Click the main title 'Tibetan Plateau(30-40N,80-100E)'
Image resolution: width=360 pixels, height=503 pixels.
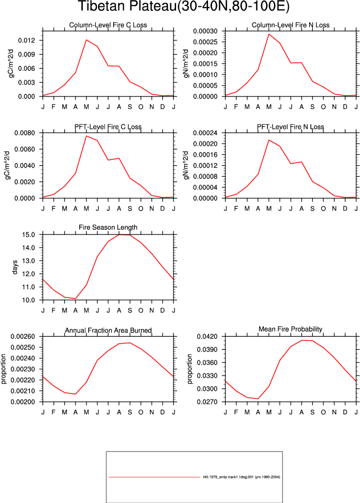tap(184, 6)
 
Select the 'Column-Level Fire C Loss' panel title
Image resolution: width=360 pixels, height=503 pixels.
tap(108, 25)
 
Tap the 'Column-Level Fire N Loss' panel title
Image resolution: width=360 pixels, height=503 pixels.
tap(290, 25)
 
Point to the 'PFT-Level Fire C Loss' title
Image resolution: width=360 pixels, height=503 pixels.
tap(108, 127)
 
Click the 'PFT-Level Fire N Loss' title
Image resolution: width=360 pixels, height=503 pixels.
tap(290, 127)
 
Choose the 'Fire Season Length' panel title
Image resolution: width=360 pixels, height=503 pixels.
tap(108, 227)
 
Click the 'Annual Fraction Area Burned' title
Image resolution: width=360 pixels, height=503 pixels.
tap(108, 330)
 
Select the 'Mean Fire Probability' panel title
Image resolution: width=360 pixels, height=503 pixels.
tap(290, 329)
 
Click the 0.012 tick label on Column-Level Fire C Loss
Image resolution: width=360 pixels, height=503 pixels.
tap(26, 40)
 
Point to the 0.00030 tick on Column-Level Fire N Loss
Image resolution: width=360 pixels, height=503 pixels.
tap(205, 31)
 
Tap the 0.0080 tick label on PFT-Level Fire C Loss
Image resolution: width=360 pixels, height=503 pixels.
tap(24, 133)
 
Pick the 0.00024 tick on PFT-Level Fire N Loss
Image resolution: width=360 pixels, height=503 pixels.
tap(205, 133)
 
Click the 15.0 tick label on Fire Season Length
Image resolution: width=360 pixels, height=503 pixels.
tap(28, 235)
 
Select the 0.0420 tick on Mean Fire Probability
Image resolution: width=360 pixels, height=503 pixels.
tap(207, 337)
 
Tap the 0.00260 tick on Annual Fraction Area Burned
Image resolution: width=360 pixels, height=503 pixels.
tap(23, 337)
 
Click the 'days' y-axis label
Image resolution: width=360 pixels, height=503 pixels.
tap(15, 267)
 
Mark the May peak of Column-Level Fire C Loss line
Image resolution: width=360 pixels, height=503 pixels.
tap(86, 40)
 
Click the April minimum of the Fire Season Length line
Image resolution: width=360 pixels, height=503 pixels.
tap(75, 298)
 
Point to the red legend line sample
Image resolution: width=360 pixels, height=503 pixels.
tap(154, 477)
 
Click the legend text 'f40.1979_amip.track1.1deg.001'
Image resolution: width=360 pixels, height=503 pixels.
tap(228, 477)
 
